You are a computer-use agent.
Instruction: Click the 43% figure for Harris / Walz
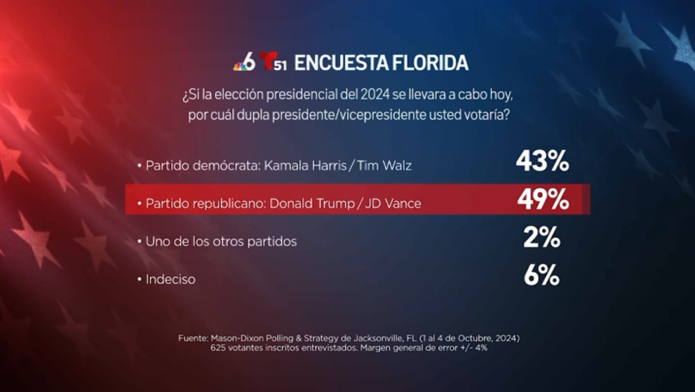542,162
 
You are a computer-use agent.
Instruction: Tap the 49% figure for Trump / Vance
542,199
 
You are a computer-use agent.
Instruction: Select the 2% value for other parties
542,237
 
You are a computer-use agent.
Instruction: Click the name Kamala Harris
319,166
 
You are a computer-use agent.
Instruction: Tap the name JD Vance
392,203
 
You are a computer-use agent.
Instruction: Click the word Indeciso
171,279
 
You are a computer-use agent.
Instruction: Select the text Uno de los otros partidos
221,241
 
